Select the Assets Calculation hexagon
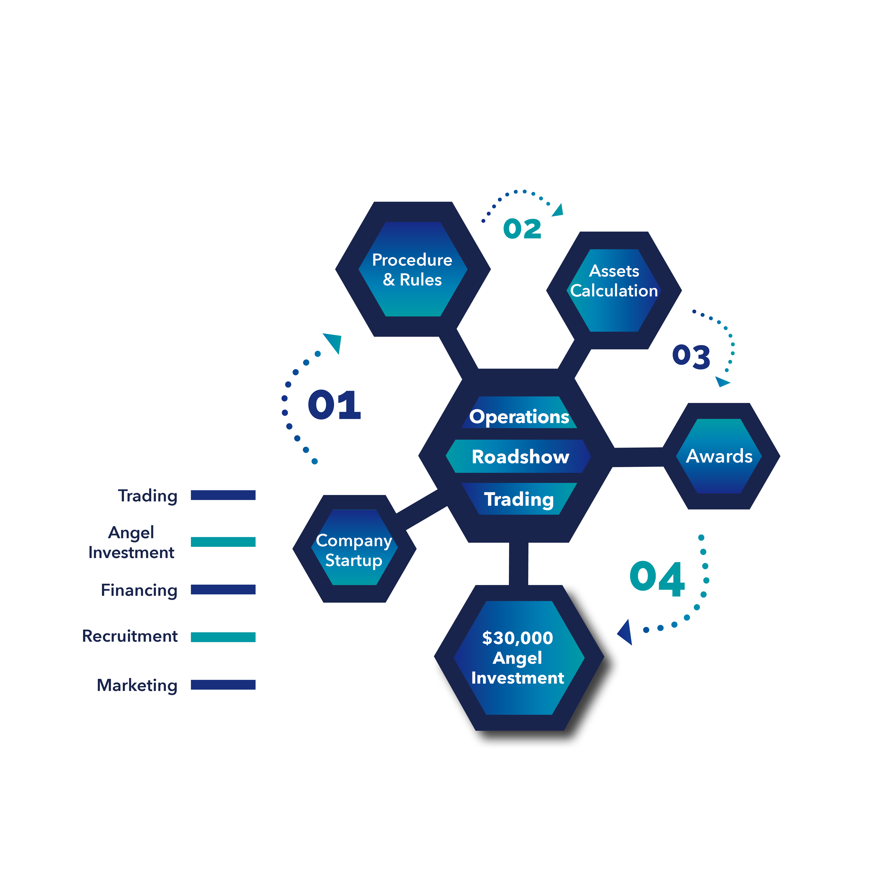[x=614, y=290]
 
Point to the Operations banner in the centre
[x=519, y=412]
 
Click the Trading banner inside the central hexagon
[x=519, y=499]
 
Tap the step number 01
[x=335, y=405]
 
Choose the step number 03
[x=691, y=357]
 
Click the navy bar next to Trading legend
[x=223, y=495]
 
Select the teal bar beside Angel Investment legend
[x=223, y=542]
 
